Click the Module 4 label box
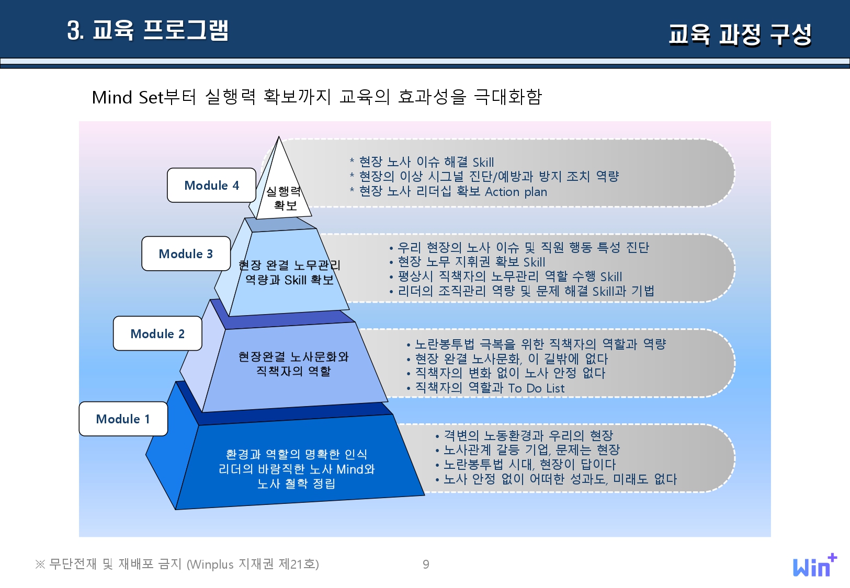point(211,185)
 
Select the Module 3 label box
point(186,253)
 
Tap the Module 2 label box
point(157,333)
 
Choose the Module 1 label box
point(123,419)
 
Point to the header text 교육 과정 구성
point(740,34)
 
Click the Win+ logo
point(814,566)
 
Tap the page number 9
point(426,564)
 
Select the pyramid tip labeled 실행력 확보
point(284,198)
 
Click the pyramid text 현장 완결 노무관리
point(289,265)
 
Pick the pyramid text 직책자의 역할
point(293,371)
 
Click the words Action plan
point(516,192)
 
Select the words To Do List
point(536,388)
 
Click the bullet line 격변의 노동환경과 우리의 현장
point(528,435)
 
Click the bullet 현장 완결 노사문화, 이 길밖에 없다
point(511,359)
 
